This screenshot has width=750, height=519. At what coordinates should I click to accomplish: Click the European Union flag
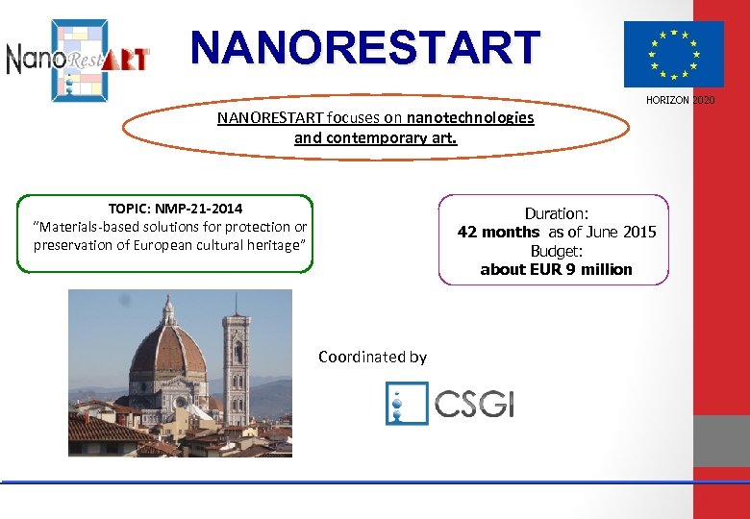(673, 54)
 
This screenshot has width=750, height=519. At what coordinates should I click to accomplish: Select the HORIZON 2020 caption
(680, 101)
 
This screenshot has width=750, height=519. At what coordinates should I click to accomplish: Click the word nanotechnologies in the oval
(470, 118)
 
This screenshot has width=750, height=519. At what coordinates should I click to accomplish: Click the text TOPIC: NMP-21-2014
(175, 209)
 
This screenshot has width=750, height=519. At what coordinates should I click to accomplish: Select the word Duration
(556, 213)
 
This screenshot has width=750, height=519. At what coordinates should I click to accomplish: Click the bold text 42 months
(498, 232)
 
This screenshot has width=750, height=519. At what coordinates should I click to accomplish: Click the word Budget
(556, 251)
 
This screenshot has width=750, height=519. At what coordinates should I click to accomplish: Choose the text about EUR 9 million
(556, 269)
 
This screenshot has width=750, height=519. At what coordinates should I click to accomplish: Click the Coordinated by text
(372, 357)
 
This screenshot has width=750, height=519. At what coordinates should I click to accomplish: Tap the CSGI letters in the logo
(474, 403)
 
